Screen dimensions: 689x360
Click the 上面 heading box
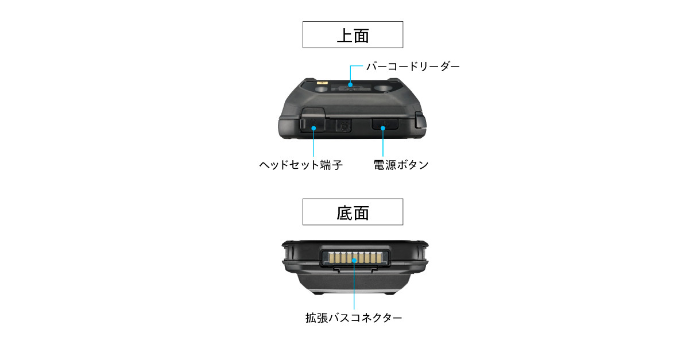point(353,35)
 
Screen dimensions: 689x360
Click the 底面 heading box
point(353,212)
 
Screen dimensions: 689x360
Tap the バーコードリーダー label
point(413,67)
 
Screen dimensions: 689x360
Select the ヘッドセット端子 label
point(301,165)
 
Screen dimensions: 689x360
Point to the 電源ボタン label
point(401,165)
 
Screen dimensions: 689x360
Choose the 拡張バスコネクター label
point(354,318)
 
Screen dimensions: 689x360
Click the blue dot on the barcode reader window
point(350,84)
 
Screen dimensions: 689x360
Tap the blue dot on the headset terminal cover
point(313,128)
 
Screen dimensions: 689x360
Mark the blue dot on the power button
point(383,128)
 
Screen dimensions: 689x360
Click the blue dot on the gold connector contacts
point(354,261)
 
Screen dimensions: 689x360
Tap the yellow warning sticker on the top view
point(322,83)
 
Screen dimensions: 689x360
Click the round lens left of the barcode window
point(322,89)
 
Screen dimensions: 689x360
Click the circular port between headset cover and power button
point(344,126)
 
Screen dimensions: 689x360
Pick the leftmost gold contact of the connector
point(331,258)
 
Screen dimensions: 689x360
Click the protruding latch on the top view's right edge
point(420,121)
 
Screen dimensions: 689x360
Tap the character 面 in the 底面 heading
point(361,213)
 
